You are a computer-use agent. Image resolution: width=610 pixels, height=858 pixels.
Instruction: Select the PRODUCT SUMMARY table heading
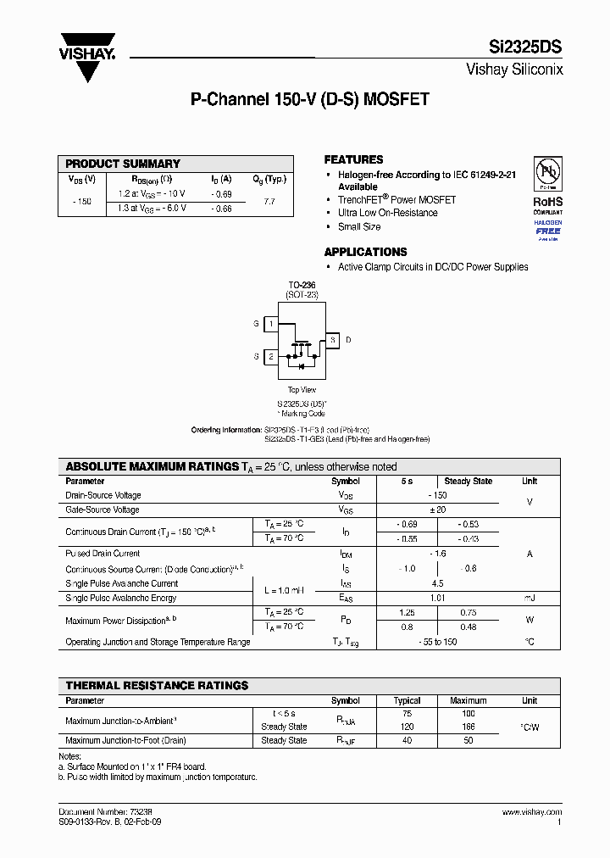pos(123,164)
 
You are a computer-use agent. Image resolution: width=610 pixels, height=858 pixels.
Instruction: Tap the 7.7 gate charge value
pos(269,202)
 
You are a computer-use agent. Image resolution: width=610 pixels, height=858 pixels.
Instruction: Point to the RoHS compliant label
pos(547,205)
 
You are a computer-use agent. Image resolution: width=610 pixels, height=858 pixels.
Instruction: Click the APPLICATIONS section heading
pos(365,252)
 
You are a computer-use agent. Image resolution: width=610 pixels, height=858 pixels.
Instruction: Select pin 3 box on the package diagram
pos(332,340)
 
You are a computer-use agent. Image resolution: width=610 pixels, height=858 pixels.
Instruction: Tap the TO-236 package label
pos(301,286)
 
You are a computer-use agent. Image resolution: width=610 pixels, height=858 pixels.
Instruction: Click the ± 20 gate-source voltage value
pos(437,510)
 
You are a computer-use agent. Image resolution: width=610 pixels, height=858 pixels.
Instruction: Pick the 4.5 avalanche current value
pos(437,583)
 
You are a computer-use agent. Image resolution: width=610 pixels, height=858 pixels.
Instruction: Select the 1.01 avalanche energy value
pos(437,598)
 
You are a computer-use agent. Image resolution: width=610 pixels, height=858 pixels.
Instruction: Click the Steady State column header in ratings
pos(468,481)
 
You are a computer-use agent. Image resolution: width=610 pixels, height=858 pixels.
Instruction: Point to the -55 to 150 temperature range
pos(437,642)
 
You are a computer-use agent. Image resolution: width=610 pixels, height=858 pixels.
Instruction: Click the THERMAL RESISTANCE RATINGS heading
pos(157,685)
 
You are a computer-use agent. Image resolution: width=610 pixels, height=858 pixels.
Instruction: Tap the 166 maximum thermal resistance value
pos(468,727)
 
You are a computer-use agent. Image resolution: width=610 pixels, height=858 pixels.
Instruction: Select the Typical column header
pos(407,700)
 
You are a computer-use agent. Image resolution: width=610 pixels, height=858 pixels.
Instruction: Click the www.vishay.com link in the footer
pos(530,812)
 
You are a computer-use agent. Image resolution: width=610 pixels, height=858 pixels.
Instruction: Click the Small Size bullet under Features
pos(359,226)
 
